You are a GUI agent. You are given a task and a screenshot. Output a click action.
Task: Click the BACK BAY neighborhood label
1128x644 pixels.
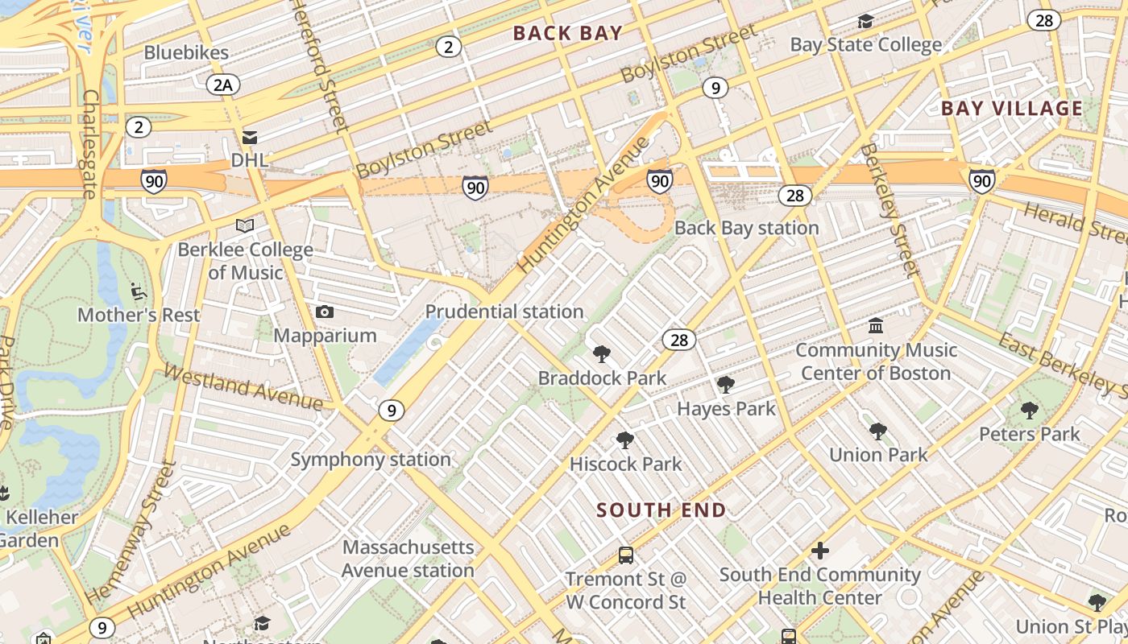click(567, 33)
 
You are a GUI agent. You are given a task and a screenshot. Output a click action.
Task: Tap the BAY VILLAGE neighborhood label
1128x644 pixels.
click(1012, 109)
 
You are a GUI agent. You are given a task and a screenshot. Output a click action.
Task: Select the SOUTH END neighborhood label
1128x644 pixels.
click(661, 510)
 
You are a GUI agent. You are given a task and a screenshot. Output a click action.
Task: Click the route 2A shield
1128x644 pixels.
click(223, 85)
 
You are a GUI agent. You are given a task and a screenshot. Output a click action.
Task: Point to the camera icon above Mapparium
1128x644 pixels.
click(325, 312)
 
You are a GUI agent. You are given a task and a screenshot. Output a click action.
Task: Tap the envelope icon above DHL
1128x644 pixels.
click(250, 138)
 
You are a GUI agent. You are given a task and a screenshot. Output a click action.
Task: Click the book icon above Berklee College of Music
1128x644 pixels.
click(245, 226)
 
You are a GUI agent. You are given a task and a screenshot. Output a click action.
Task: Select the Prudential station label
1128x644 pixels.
click(504, 312)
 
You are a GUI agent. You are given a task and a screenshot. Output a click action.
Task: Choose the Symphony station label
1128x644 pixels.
click(371, 460)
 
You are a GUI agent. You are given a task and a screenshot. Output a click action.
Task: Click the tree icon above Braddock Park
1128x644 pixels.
click(602, 354)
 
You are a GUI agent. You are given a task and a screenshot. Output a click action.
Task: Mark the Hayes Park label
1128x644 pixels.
click(726, 409)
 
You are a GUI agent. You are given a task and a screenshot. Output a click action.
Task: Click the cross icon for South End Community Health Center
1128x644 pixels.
click(820, 551)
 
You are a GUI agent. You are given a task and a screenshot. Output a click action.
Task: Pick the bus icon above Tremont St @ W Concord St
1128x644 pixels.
click(625, 555)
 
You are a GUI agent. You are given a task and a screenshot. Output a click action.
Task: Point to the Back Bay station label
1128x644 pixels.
click(746, 228)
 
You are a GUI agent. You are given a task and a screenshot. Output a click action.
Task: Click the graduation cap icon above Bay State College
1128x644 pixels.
click(865, 21)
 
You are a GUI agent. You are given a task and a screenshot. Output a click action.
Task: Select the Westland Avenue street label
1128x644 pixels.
click(243, 386)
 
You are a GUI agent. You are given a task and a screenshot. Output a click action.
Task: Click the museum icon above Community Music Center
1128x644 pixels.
click(876, 326)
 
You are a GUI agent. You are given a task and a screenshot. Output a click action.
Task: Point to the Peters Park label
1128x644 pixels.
click(1029, 434)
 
